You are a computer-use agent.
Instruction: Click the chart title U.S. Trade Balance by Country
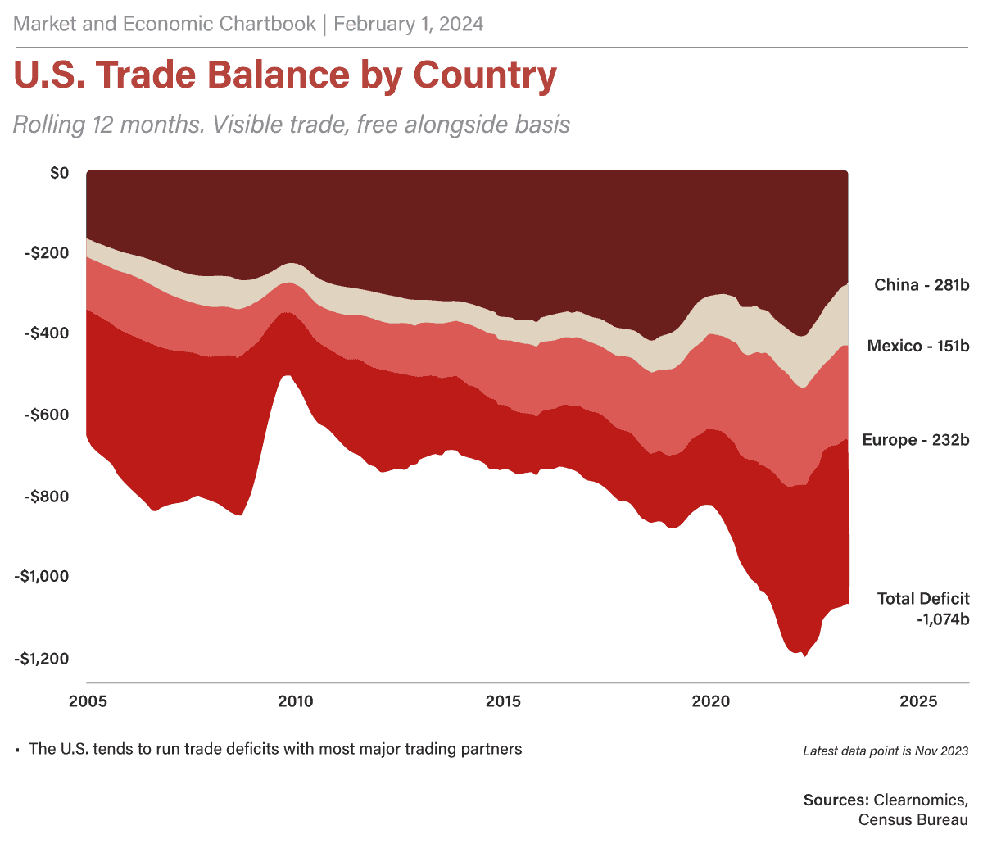coord(285,76)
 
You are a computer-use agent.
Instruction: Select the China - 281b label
coord(922,285)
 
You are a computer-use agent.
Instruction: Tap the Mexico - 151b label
coord(918,347)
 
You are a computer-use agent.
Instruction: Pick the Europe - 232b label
coord(916,441)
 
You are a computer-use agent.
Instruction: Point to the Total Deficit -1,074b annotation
coord(923,609)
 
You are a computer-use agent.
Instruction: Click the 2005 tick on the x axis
coord(86,702)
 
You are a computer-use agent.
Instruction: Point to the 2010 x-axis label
coord(294,702)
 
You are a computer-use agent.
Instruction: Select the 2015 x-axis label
coord(503,702)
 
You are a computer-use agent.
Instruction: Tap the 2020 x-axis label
coord(711,702)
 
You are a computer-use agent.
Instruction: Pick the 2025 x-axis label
coord(919,702)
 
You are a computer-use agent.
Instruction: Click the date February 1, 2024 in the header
coord(408,25)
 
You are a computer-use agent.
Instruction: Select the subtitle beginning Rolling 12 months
coord(291,125)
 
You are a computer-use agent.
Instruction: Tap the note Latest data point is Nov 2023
coord(886,751)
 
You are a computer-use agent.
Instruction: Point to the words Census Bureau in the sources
coord(913,819)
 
